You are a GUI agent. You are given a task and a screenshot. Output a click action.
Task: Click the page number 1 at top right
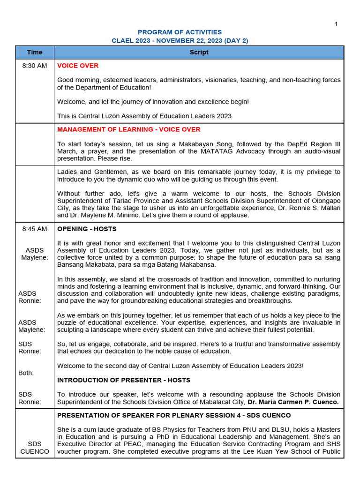336,24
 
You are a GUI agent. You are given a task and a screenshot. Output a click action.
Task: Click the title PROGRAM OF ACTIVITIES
180,32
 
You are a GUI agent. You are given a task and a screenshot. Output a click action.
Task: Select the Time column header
35,52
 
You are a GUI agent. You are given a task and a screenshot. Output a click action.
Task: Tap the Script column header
199,52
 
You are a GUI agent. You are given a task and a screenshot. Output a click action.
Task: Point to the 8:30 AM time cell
35,66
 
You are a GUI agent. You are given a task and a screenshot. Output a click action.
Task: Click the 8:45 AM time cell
35,229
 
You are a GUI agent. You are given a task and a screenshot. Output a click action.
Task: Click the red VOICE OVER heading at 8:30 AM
78,66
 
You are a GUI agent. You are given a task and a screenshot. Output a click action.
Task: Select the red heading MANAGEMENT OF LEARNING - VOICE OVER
128,129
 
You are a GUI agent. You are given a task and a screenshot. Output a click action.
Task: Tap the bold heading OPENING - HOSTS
87,229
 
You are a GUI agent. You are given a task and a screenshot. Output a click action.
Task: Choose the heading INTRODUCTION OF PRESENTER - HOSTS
124,380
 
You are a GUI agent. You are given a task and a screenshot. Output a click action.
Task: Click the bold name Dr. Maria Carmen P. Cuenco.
294,402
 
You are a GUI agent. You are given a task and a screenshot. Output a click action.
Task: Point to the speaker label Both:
26,373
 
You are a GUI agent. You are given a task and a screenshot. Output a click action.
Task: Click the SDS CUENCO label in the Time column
35,448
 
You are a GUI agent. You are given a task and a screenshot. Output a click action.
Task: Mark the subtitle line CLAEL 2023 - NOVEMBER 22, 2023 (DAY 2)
180,41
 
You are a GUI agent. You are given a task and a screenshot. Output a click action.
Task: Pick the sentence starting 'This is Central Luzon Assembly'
144,116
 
